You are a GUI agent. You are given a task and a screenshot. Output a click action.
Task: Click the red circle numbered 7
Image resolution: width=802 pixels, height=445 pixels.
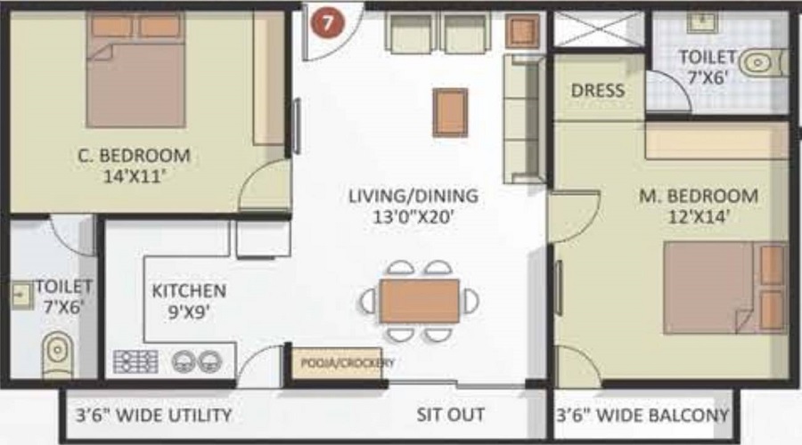coord(327,22)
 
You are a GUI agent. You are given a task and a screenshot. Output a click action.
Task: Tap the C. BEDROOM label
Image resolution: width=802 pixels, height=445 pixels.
coord(134,156)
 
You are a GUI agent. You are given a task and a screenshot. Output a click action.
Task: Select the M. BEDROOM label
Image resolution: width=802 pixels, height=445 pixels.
coord(698,196)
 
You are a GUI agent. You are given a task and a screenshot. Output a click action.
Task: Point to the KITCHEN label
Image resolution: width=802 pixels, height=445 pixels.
coord(189,291)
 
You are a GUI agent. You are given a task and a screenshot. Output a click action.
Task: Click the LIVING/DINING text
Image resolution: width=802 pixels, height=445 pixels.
coord(413,196)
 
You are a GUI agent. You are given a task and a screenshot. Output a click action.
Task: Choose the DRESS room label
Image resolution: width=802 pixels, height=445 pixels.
coord(598,91)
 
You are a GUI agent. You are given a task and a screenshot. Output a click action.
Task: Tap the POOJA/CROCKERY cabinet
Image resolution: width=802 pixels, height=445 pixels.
coord(338,363)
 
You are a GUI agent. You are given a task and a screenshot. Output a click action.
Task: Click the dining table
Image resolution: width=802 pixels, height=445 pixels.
coord(420,302)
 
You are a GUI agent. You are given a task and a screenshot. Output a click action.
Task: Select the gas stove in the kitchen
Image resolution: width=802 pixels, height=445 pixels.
coord(135,361)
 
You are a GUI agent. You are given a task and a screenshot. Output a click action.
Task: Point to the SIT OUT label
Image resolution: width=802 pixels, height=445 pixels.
coord(451,415)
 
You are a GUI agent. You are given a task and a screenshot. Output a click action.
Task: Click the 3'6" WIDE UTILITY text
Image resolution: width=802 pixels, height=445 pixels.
coord(153,416)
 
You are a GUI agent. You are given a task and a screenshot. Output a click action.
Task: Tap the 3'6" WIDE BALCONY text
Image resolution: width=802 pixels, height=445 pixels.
coord(642,416)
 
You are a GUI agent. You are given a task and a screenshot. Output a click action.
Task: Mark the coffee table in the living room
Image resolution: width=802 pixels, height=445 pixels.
coord(450,113)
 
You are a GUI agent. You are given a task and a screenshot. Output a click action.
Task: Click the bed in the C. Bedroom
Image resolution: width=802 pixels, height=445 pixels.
coord(135,69)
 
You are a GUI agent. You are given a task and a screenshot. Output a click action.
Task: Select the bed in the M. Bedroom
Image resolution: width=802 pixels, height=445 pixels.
coord(725,287)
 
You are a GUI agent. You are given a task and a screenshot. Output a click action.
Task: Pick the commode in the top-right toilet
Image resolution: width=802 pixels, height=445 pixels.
coord(762,63)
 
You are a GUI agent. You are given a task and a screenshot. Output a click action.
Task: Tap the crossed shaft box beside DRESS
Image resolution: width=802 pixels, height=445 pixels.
coord(599,29)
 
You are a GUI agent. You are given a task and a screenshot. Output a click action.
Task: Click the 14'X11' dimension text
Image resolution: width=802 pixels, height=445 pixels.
coord(135,177)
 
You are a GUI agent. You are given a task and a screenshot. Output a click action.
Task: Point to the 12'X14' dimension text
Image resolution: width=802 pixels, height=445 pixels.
coord(699,218)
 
